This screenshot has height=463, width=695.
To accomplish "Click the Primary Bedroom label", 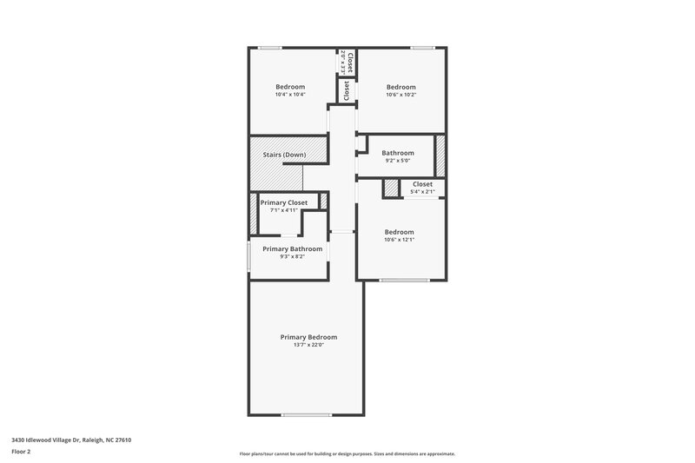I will click(x=308, y=337).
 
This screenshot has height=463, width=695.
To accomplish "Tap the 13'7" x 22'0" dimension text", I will click(x=308, y=346).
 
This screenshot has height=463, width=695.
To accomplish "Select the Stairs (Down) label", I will click(x=284, y=155).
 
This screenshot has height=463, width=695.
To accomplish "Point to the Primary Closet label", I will click(x=284, y=202).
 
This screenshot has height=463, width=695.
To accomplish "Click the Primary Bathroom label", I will click(x=293, y=248).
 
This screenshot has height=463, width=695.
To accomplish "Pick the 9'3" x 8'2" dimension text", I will click(x=293, y=256).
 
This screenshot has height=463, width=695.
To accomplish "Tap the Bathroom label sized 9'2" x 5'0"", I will click(x=398, y=153).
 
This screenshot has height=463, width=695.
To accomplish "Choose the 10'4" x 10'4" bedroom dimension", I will click(x=290, y=94).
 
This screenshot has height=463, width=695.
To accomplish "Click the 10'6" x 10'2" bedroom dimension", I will click(x=400, y=94).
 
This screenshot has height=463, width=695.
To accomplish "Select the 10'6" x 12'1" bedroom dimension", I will click(x=399, y=240).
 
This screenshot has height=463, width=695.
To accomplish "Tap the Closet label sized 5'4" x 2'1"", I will click(x=422, y=184).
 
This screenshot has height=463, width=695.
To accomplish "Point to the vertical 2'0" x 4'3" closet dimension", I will click(x=344, y=61).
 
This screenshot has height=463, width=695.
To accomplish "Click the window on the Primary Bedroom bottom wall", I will click(x=306, y=414).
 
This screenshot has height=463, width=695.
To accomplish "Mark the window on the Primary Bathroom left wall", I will click(x=249, y=258).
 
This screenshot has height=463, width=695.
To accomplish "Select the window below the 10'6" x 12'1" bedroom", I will click(x=404, y=280).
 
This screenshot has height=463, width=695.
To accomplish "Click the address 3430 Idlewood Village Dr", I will click(x=71, y=440).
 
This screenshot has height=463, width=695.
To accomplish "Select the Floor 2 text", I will click(x=21, y=452).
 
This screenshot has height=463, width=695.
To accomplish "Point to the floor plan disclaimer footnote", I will click(x=347, y=453).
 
